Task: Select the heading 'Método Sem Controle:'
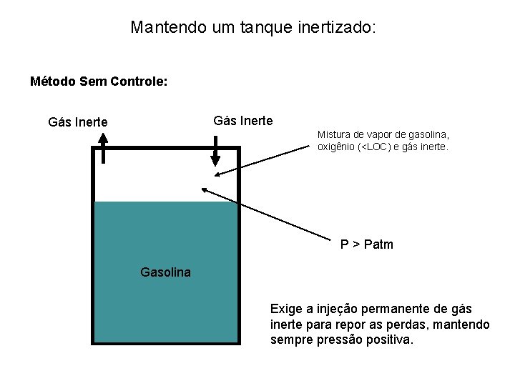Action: pyautogui.click(x=99, y=81)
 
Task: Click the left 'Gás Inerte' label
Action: pyautogui.click(x=78, y=122)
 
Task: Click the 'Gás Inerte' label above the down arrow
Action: pyautogui.click(x=243, y=120)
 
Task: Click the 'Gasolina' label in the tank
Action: pyautogui.click(x=166, y=272)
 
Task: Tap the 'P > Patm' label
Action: pyautogui.click(x=366, y=245)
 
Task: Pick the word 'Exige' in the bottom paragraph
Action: pyautogui.click(x=285, y=309)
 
